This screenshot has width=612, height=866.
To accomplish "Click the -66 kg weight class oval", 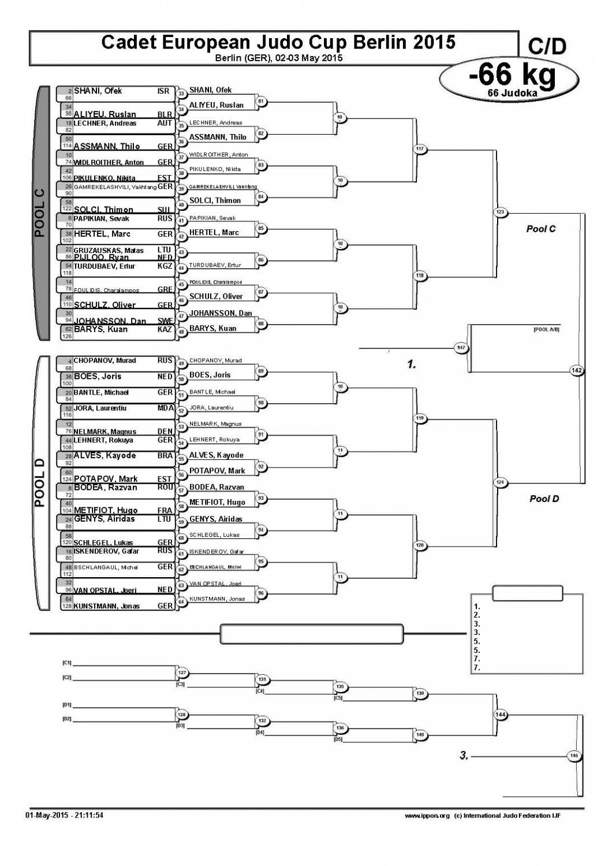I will [509, 79].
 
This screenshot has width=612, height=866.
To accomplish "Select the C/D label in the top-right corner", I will [547, 46].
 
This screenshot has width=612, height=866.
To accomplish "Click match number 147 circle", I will [461, 348].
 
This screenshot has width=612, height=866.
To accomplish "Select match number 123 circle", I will [500, 213].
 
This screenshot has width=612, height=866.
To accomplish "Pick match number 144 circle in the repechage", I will [501, 715].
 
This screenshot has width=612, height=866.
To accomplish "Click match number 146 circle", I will [574, 756].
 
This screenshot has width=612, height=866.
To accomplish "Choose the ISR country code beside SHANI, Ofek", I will [163, 91].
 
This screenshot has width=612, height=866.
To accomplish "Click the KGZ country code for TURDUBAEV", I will [165, 266].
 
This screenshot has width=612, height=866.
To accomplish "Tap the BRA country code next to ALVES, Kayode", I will [165, 455].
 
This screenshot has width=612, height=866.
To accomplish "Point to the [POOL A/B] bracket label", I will [546, 329].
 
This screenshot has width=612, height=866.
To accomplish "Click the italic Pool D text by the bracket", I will [544, 499].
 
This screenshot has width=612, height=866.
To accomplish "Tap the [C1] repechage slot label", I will [67, 663].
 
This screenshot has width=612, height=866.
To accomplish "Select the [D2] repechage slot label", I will [67, 719].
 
